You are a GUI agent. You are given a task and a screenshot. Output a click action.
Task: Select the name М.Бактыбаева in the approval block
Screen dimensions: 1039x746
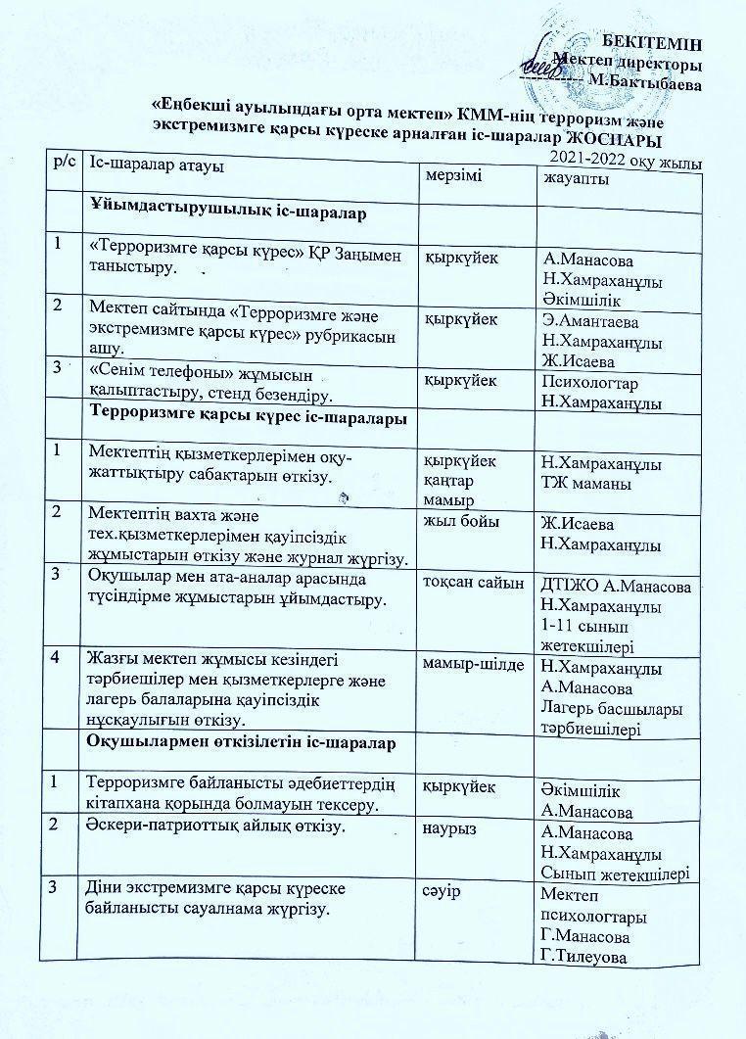click(653, 84)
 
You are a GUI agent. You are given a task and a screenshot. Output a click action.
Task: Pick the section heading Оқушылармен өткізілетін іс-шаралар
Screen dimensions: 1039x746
click(242, 743)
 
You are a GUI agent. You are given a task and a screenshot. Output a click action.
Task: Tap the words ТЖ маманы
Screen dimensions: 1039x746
click(586, 484)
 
